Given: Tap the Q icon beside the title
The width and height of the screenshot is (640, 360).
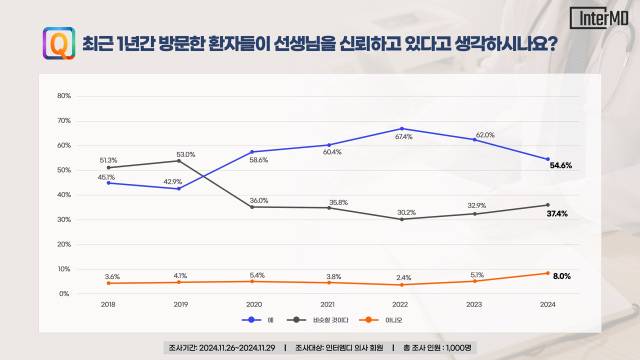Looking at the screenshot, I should pos(57,45).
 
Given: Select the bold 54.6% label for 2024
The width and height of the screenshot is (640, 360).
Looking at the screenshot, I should pos(561,165).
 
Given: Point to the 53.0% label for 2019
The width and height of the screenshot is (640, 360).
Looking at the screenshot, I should pos(185,154).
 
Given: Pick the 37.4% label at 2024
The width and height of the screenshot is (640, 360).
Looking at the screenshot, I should pos(561,214).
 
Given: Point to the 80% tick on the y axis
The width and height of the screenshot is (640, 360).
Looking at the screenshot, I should pos(64,96).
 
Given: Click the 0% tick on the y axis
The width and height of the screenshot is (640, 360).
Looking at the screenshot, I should pos(65,294).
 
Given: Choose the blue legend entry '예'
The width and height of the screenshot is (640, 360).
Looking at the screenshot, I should pos(257,320).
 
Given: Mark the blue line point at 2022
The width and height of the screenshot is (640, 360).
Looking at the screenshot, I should pos(402,129).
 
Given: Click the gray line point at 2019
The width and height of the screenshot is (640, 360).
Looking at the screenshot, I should pos(180,161).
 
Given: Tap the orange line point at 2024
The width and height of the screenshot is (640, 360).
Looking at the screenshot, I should pos(547,273).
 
